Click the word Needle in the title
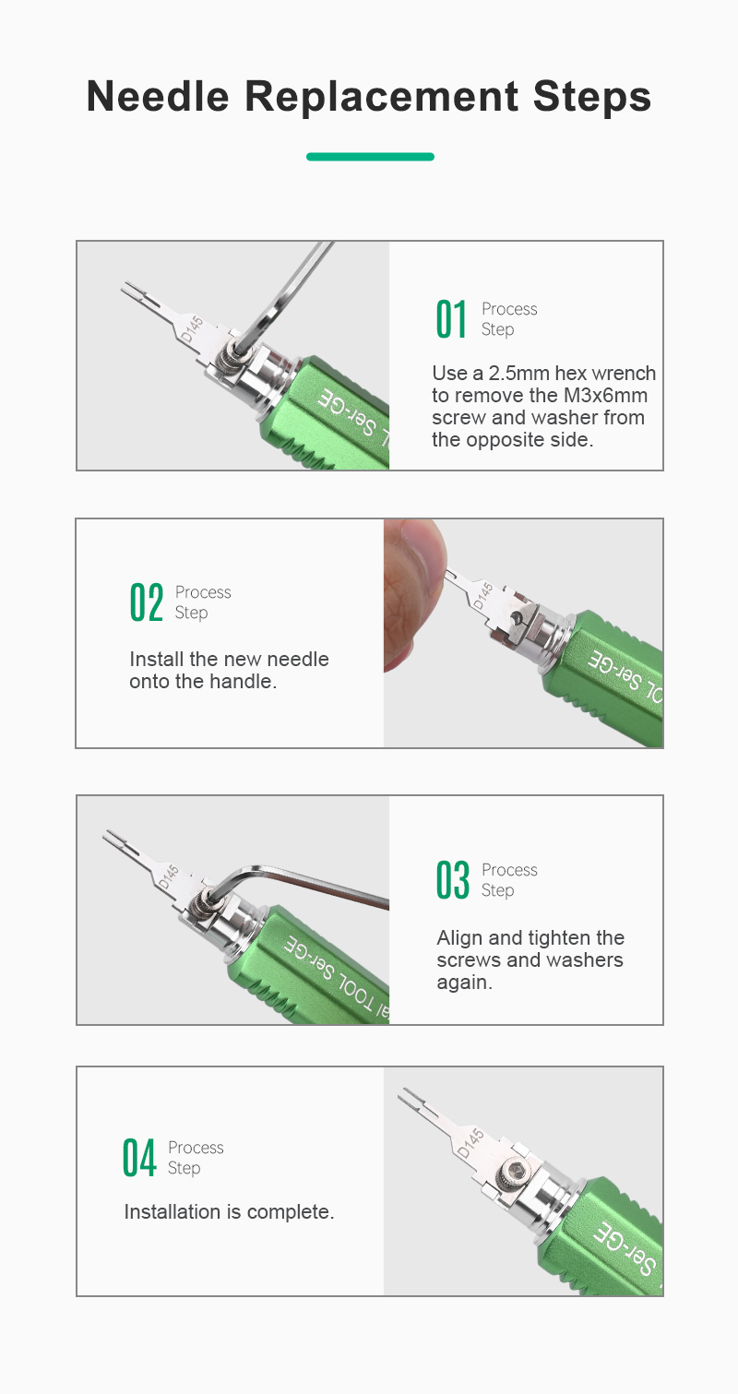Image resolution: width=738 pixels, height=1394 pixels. click(x=158, y=97)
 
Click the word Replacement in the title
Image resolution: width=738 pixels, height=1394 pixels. click(x=381, y=97)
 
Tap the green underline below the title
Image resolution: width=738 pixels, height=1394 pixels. click(x=370, y=157)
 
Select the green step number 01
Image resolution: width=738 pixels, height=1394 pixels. click(x=451, y=319)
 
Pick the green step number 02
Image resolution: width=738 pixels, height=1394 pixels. click(x=147, y=602)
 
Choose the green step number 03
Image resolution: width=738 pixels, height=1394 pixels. click(x=452, y=880)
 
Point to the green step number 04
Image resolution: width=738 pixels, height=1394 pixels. click(x=138, y=1158)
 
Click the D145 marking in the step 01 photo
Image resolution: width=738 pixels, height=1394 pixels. click(x=192, y=329)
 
